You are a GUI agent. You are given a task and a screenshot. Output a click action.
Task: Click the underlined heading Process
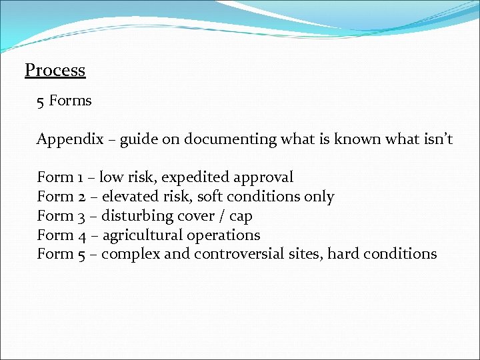coord(55,70)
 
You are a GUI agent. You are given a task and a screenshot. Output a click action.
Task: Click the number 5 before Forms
coord(41,101)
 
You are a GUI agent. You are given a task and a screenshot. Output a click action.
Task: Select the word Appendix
coord(70,139)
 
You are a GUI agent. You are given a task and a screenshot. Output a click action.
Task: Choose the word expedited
coord(195,177)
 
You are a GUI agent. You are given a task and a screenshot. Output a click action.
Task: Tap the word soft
coord(209,197)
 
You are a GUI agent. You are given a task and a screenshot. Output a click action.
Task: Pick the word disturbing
coord(137,216)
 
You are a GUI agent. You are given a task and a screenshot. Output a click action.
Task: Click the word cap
coord(241,217)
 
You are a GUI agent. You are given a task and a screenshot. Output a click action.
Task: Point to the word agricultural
coord(143,235)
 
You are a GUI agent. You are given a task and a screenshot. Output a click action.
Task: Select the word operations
coord(224,235)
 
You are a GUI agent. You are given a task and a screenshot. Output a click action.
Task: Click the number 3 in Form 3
coord(81,216)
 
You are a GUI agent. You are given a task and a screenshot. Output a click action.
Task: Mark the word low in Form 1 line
coord(111,177)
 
